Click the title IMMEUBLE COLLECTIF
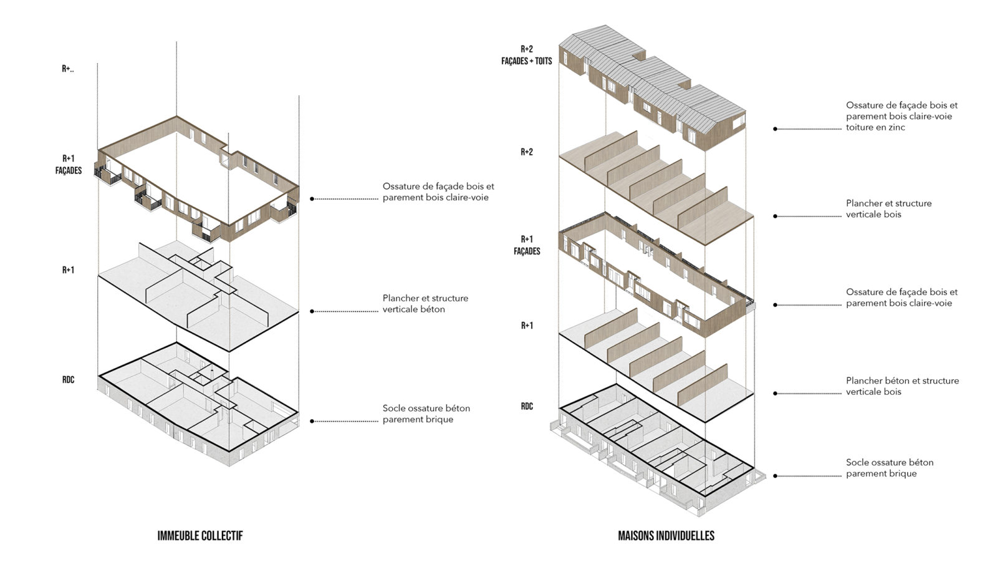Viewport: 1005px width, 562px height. (x=200, y=536)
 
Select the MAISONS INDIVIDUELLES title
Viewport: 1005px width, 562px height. (x=666, y=536)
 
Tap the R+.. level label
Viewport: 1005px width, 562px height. (x=68, y=69)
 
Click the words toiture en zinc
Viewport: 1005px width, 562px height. (x=875, y=127)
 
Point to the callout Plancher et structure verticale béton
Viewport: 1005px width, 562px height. (x=425, y=304)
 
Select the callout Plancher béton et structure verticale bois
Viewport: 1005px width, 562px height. (x=902, y=386)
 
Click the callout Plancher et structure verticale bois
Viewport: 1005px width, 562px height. (x=888, y=209)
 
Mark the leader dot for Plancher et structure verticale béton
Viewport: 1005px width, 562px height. (x=312, y=311)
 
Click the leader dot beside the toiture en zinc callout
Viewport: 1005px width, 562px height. (x=776, y=129)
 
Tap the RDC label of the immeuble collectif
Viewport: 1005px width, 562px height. (x=69, y=380)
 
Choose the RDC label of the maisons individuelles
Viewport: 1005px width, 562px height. (x=527, y=407)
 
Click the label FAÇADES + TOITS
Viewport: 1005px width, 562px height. (x=527, y=61)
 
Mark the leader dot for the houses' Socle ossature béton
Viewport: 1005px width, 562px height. (x=776, y=476)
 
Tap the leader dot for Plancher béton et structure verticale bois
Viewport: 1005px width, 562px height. (x=776, y=394)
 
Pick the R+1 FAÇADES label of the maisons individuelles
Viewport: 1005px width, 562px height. (x=527, y=245)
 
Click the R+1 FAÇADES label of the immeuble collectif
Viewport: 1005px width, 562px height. (x=69, y=165)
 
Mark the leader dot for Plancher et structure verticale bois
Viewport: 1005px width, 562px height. (x=776, y=216)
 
